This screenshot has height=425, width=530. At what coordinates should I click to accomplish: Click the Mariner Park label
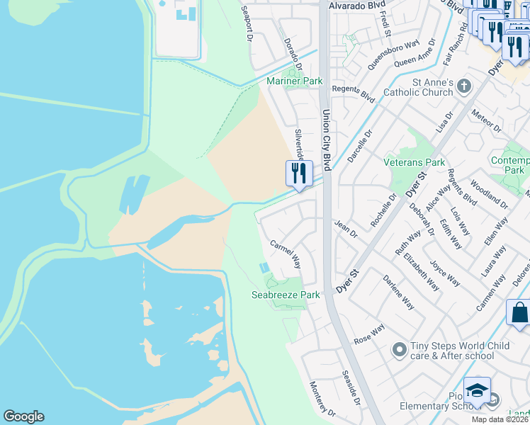click(x=294, y=81)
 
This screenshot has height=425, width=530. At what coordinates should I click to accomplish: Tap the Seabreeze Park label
click(x=286, y=295)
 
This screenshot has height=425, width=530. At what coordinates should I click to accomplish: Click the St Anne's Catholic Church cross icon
click(x=464, y=86)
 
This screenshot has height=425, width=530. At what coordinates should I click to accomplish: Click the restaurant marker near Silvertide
click(x=299, y=173)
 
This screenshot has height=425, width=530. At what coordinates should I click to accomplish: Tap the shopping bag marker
click(x=519, y=312)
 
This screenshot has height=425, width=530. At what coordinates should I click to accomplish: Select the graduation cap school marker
click(x=477, y=390)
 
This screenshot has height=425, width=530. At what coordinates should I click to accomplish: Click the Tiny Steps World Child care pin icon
click(x=399, y=348)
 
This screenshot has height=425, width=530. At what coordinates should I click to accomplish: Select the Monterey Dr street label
click(x=322, y=398)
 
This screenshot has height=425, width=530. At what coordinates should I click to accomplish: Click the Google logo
click(x=23, y=416)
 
